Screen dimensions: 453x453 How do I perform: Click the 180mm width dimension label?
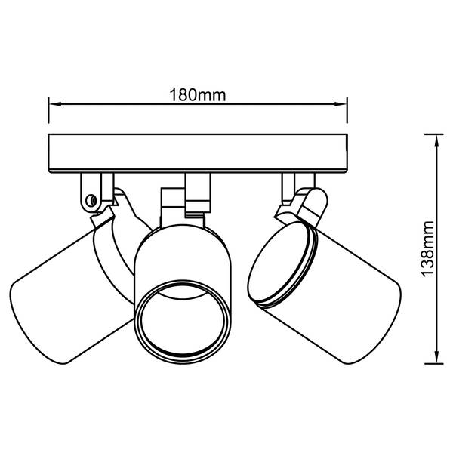(197, 95)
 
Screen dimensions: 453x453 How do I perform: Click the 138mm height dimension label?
(427, 248)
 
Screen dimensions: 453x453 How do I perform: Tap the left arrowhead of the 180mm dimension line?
(55, 104)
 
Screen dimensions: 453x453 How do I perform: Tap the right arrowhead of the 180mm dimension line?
(340, 104)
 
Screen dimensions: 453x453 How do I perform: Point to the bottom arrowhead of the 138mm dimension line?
(437, 356)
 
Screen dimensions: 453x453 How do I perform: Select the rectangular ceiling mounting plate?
(198, 153)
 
